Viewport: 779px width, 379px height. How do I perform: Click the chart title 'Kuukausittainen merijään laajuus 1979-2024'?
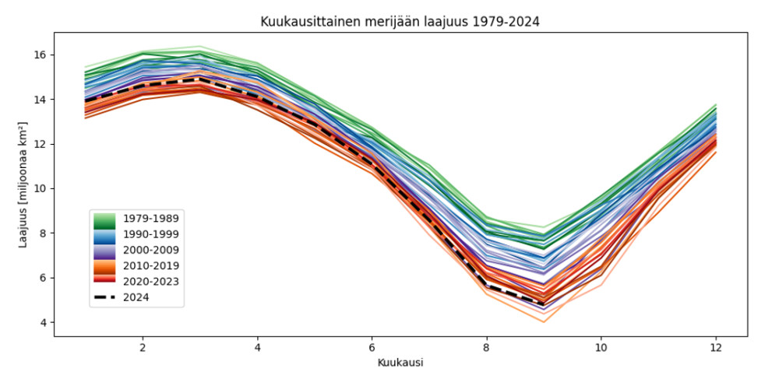click(x=400, y=22)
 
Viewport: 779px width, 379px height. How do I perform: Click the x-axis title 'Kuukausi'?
click(x=400, y=363)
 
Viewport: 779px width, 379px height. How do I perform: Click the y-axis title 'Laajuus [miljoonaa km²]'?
click(x=24, y=184)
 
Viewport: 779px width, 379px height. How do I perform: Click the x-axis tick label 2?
click(x=142, y=346)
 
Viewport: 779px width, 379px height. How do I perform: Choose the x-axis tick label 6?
click(x=372, y=346)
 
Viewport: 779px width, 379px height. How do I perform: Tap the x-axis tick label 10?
click(x=600, y=346)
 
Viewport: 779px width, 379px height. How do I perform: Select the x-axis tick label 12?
click(x=715, y=346)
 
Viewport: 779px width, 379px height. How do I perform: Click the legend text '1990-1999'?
click(x=151, y=235)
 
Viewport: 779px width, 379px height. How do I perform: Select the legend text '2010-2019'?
click(x=151, y=266)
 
